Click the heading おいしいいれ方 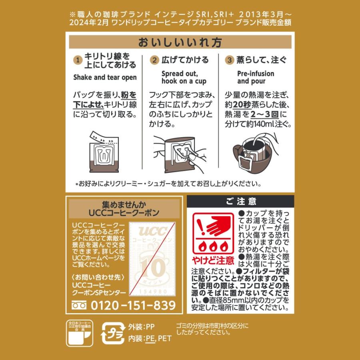pyautogui.click(x=180, y=43)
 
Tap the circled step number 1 pyautogui.click(x=78, y=60)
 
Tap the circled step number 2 pyautogui.click(x=154, y=60)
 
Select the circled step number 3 pyautogui.click(x=229, y=60)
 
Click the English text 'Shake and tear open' pyautogui.click(x=105, y=77)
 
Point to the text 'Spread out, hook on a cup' pyautogui.click(x=184, y=78)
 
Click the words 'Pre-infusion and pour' pyautogui.click(x=256, y=78)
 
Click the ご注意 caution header pyautogui.click(x=240, y=202)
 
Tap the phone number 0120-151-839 pyautogui.click(x=134, y=305)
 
